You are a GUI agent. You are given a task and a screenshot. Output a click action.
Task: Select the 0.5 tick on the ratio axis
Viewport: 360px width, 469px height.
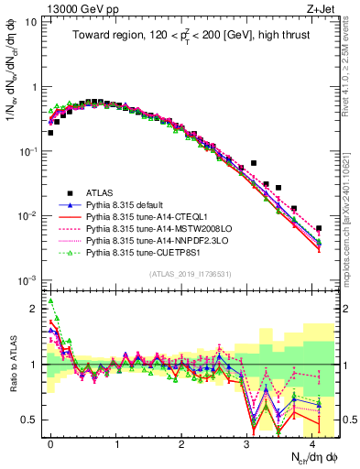tap(32, 420)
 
